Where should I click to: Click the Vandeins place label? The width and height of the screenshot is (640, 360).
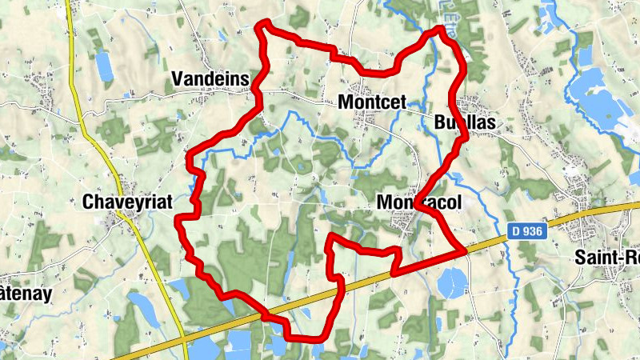[x=210, y=78]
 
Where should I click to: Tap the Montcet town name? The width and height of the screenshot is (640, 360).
[x=373, y=102]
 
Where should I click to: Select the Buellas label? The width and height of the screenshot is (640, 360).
[x=464, y=122]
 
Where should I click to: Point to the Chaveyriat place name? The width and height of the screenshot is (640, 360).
[x=128, y=202]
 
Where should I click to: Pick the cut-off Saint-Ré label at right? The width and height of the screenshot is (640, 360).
[x=607, y=258]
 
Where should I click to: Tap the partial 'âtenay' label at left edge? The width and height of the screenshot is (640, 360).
[x=26, y=293]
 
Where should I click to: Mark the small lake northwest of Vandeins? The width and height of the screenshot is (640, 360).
[x=104, y=66]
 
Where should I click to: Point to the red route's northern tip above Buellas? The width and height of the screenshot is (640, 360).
[x=440, y=30]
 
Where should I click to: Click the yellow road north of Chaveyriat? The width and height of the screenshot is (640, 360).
[x=80, y=104]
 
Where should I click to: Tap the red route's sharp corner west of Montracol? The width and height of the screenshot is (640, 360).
[x=332, y=238]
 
